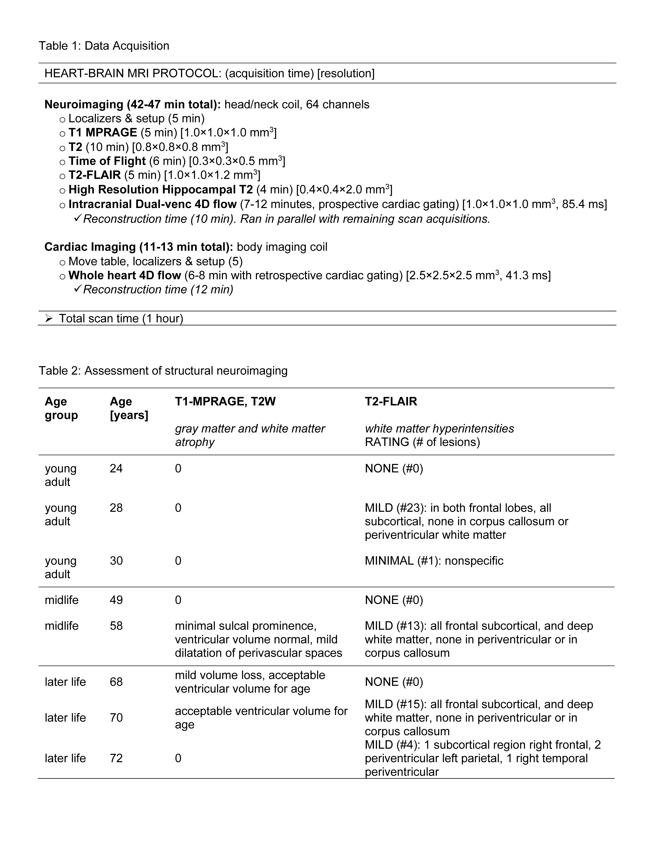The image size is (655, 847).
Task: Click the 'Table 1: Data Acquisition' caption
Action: pyautogui.click(x=104, y=46)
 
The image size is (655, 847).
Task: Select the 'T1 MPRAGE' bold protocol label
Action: pyautogui.click(x=103, y=133)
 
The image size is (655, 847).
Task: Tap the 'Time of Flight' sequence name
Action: pyautogui.click(x=107, y=161)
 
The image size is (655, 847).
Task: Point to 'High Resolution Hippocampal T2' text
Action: pyautogui.click(x=161, y=190)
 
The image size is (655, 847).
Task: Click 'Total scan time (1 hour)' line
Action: pyautogui.click(x=121, y=318)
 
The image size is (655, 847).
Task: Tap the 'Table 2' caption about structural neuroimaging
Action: pyautogui.click(x=163, y=371)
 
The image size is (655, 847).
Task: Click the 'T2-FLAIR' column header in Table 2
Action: pyautogui.click(x=391, y=401)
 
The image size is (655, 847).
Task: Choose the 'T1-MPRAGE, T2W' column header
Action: pyautogui.click(x=225, y=401)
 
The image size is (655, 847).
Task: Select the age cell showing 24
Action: pyautogui.click(x=116, y=469)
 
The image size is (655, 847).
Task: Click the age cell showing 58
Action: pyautogui.click(x=116, y=626)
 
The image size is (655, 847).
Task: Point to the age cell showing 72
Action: pyautogui.click(x=116, y=758)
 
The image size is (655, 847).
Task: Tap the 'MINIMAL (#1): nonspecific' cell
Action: pyautogui.click(x=434, y=561)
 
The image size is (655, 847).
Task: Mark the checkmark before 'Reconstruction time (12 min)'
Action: pyautogui.click(x=77, y=289)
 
